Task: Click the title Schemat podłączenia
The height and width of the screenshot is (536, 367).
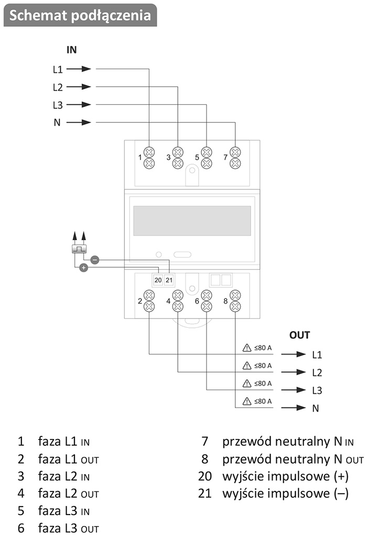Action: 80,15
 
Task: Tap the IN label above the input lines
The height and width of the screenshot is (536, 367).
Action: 71,50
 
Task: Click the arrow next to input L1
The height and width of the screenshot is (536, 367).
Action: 79,69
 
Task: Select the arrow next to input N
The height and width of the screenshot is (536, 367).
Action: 79,123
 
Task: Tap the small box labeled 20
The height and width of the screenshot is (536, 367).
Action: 158,280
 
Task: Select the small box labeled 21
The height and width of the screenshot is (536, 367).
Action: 169,280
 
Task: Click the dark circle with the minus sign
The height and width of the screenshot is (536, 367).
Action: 94,259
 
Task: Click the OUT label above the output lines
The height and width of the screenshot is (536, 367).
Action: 299,335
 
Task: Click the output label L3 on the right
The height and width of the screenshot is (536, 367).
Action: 317,391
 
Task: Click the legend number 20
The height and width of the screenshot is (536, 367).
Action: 203,477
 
